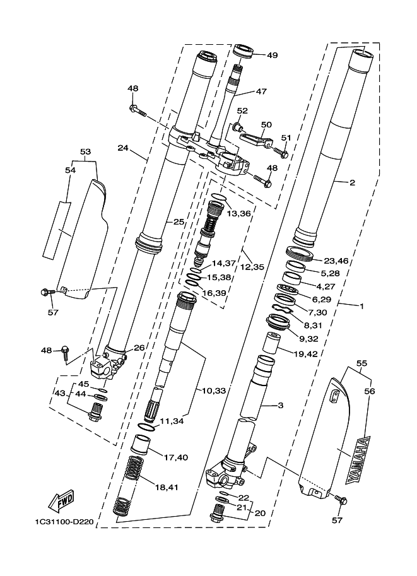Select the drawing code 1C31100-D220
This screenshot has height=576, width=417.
pyautogui.click(x=64, y=522)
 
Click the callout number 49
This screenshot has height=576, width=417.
pyautogui.click(x=273, y=56)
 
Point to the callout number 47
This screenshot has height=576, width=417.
pyautogui.click(x=261, y=91)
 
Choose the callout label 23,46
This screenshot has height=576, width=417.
pyautogui.click(x=336, y=261)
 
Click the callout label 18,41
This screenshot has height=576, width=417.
pyautogui.click(x=167, y=488)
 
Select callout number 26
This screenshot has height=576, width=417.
pyautogui.click(x=139, y=348)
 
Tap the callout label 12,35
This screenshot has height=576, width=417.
pyautogui.click(x=252, y=267)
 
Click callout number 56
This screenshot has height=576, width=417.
pyautogui.click(x=370, y=391)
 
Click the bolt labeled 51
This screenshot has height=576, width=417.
pyautogui.click(x=280, y=151)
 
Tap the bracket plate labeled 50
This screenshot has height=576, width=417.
pyautogui.click(x=257, y=140)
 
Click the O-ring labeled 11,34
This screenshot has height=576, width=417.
pyautogui.click(x=146, y=427)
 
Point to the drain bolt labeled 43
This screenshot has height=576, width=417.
pyautogui.click(x=97, y=411)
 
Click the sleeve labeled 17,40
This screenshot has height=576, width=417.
pyautogui.click(x=141, y=445)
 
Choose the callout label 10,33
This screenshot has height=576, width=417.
pyautogui.click(x=214, y=391)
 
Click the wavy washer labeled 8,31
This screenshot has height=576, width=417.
pyautogui.click(x=283, y=309)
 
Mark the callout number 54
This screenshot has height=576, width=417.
pyautogui.click(x=71, y=170)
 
